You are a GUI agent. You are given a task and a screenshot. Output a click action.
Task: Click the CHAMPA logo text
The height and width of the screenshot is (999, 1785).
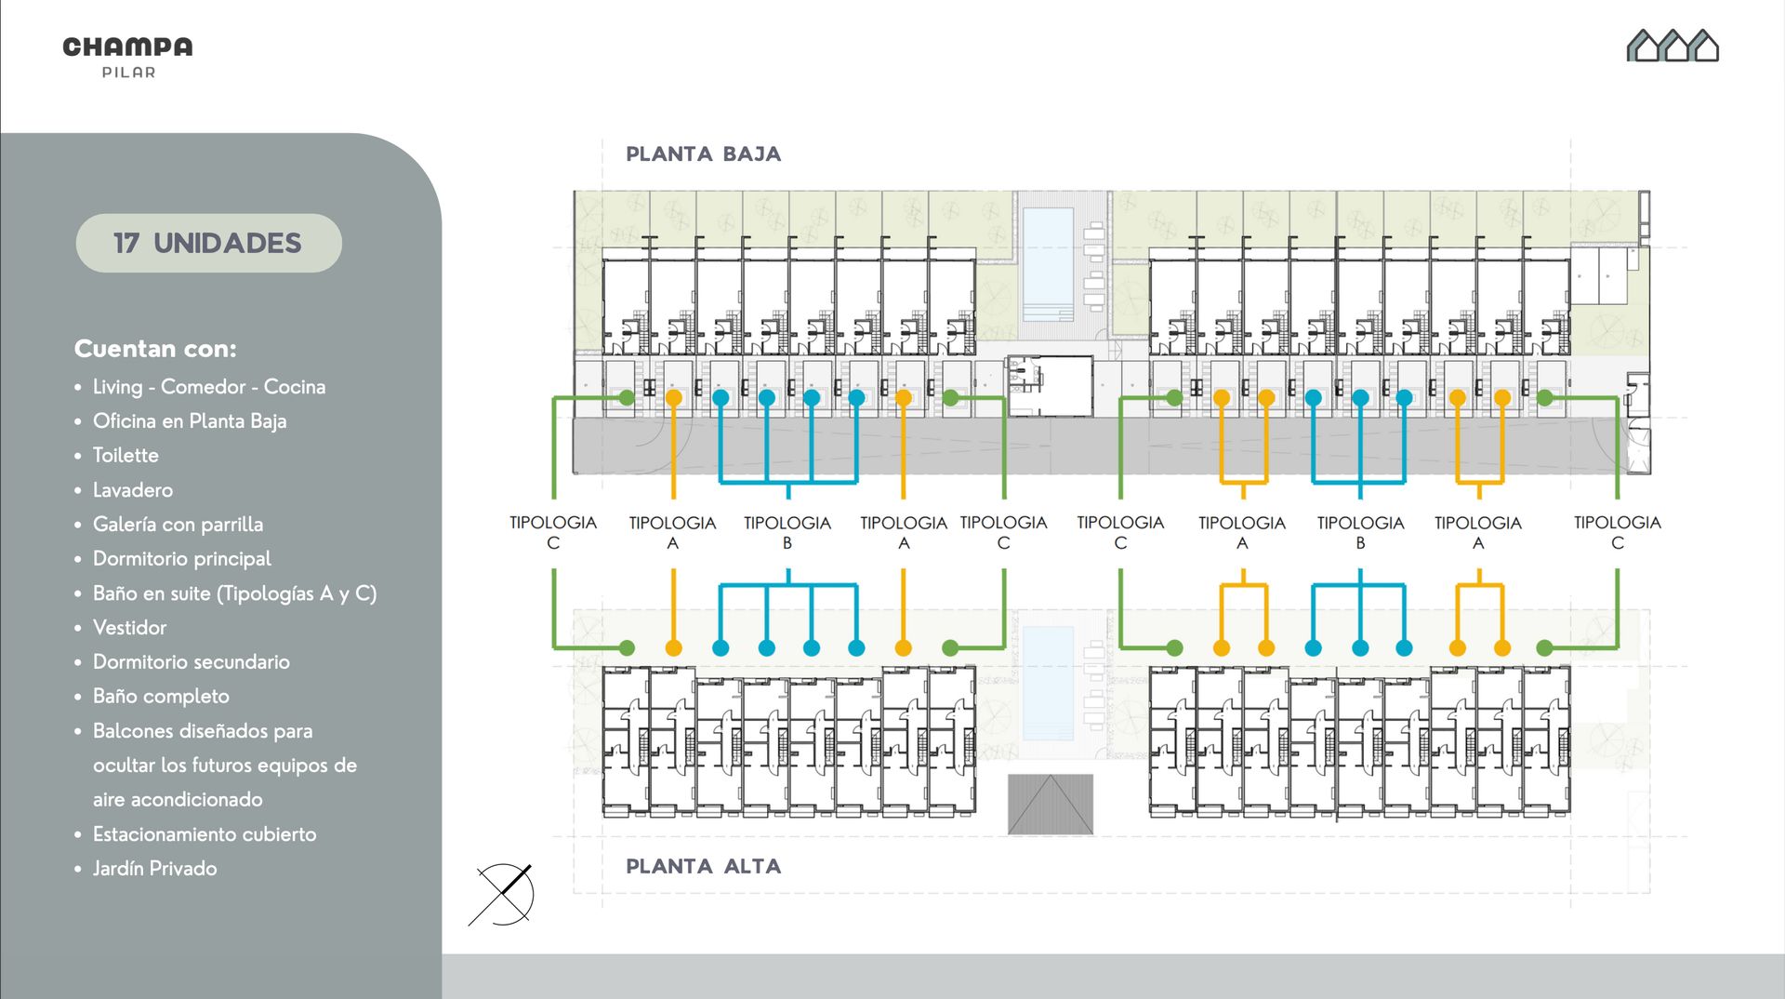click(x=127, y=47)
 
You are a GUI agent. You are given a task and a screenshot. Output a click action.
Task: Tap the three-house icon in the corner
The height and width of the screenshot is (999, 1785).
click(x=1673, y=46)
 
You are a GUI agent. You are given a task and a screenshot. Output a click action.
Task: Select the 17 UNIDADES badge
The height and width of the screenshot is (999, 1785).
click(x=208, y=243)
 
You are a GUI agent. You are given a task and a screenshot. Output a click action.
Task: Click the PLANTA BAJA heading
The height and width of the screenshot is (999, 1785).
click(x=703, y=153)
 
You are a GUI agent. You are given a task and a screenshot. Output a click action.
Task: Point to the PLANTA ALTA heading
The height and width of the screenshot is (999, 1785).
click(x=703, y=866)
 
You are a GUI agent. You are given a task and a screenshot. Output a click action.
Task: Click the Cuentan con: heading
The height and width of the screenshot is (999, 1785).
click(x=155, y=349)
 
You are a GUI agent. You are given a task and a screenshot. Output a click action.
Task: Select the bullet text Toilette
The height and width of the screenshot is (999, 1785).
click(x=126, y=455)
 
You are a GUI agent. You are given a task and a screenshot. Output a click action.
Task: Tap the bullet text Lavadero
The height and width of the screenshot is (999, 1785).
click(x=133, y=489)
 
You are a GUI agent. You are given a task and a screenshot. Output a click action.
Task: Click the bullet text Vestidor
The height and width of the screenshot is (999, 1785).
click(x=130, y=627)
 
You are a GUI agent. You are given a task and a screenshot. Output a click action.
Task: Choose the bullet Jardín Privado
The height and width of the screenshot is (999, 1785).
click(x=155, y=868)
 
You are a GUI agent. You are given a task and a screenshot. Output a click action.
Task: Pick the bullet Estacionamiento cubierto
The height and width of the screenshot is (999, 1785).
click(x=205, y=833)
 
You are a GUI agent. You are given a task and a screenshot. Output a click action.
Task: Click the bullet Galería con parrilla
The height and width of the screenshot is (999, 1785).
click(x=178, y=524)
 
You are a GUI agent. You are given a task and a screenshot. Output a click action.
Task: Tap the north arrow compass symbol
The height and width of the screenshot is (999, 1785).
click(x=503, y=894)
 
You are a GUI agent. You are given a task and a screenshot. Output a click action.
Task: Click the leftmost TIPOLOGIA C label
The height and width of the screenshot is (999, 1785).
click(x=553, y=532)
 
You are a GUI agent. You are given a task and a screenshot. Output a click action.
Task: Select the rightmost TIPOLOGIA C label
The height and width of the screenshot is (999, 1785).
click(x=1618, y=532)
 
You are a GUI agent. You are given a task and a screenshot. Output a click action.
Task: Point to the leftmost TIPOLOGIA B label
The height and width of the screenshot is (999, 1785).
click(x=787, y=532)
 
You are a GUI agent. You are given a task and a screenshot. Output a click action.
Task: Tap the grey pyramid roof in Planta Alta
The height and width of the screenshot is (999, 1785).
click(x=1051, y=804)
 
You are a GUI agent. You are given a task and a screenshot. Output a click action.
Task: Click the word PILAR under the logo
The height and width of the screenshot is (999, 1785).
click(x=128, y=73)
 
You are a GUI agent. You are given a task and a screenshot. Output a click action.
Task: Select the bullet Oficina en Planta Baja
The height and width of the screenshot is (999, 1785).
click(x=190, y=420)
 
